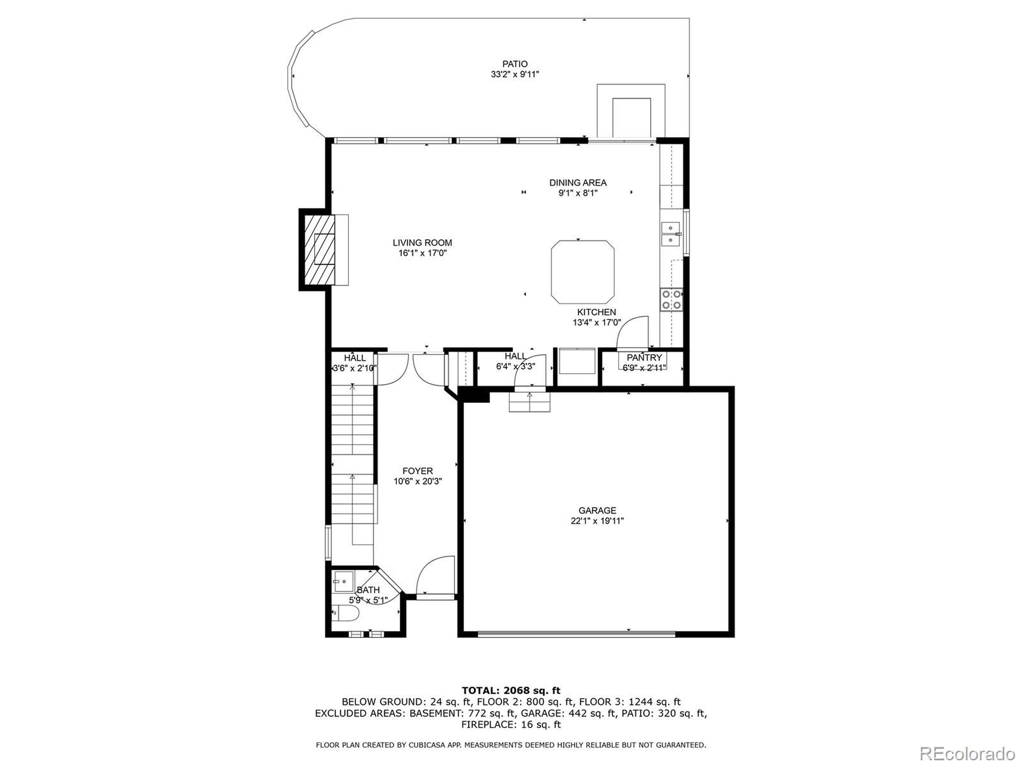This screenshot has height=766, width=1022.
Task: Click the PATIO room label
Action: point(515,64)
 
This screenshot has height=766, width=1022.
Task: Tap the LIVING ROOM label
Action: point(422,243)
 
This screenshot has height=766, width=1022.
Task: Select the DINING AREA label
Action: point(578,183)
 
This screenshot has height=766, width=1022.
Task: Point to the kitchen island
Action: point(582,272)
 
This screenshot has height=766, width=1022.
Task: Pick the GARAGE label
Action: point(597,511)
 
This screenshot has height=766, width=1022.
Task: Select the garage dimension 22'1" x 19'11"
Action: point(597,521)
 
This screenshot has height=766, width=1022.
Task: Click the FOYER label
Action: point(418,471)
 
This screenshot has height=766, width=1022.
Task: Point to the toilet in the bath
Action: point(346,614)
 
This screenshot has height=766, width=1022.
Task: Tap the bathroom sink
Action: point(343,581)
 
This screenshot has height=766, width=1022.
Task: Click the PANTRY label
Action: point(644,358)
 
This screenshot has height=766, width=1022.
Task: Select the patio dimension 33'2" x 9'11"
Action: point(515,74)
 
